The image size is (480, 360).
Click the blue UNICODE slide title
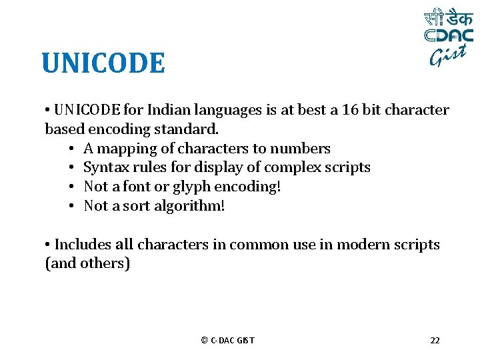[103, 64]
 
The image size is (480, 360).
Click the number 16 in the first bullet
[350, 110]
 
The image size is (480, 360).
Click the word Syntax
[105, 167]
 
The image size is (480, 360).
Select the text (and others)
[87, 263]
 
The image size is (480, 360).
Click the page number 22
[435, 341]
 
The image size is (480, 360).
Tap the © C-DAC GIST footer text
[227, 341]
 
